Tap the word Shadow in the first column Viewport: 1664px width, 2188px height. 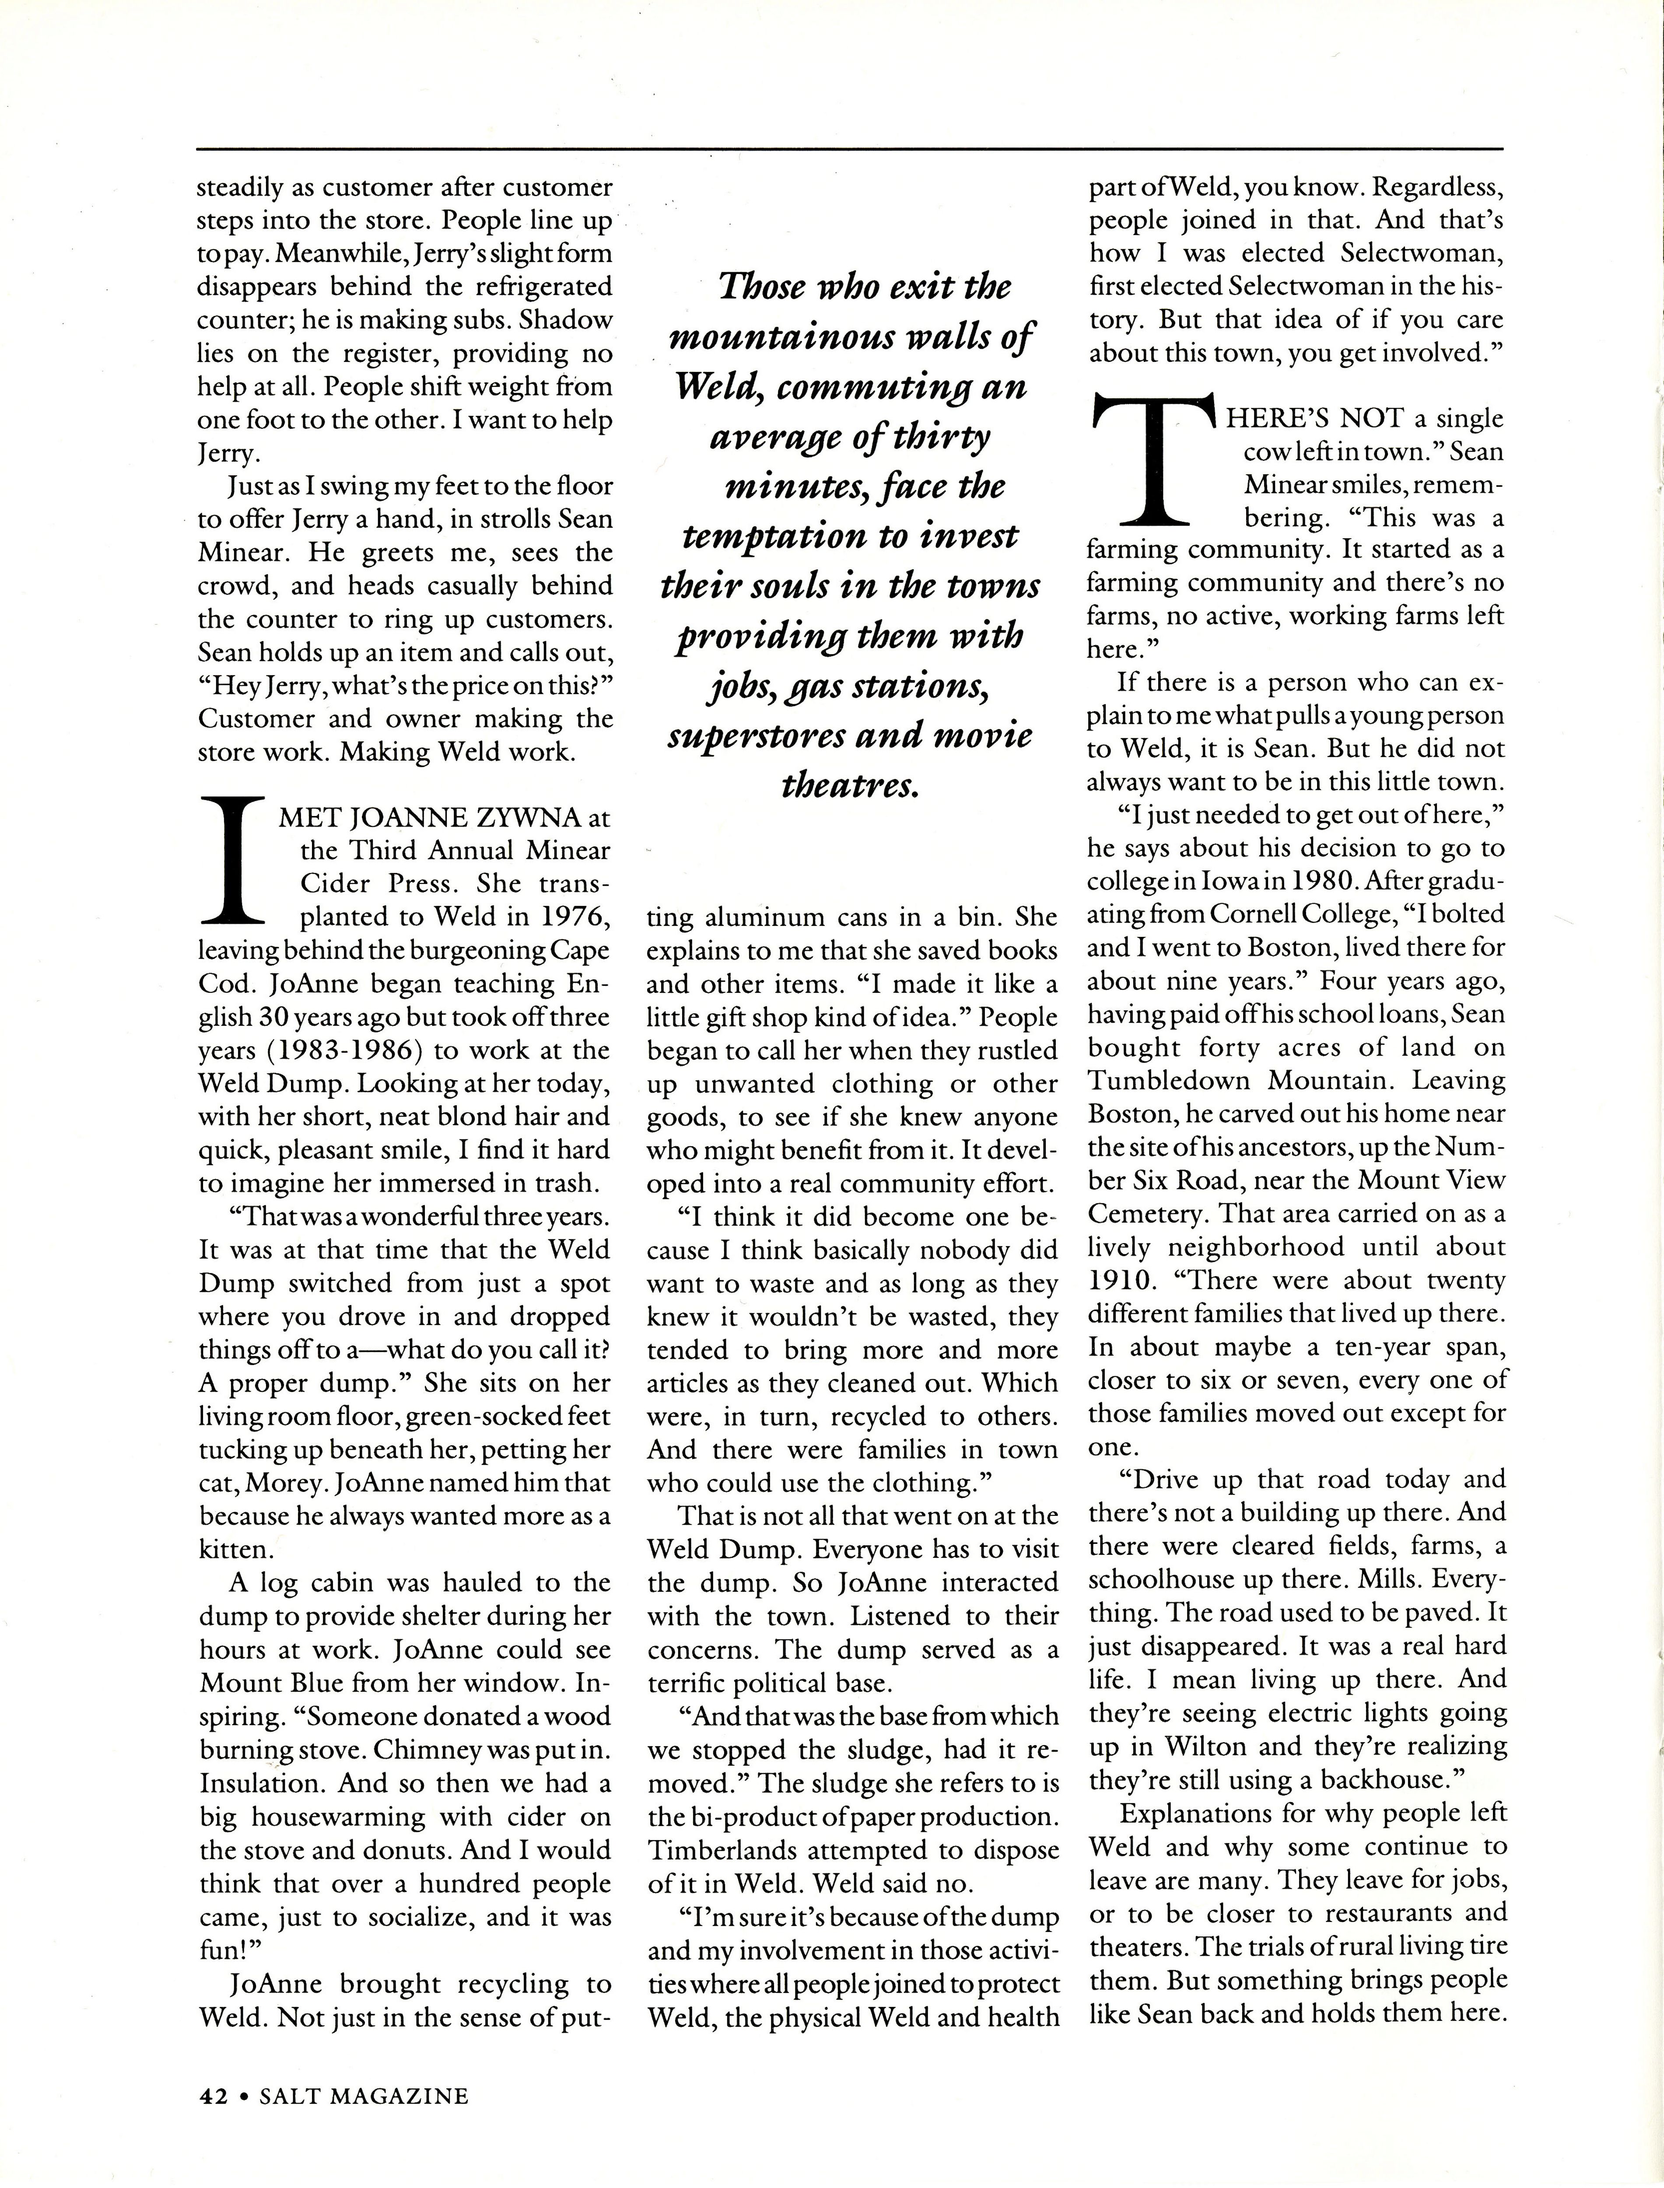click(x=567, y=320)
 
